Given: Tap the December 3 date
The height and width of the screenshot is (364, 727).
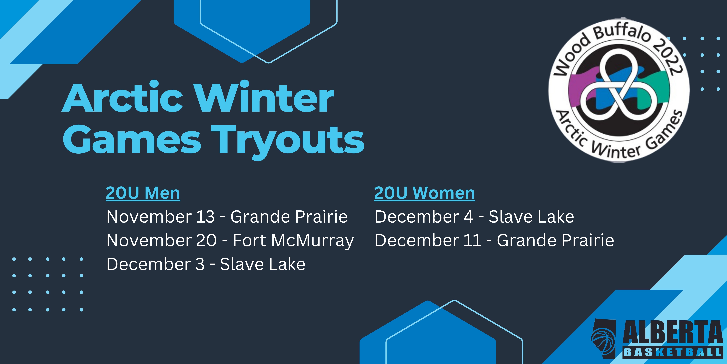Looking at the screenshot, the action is (155, 264).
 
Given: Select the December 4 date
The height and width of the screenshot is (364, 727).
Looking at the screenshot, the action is (424, 217).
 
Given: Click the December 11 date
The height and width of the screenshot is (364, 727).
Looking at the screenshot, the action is (428, 240).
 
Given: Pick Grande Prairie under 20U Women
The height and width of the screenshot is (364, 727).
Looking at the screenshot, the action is (555, 240).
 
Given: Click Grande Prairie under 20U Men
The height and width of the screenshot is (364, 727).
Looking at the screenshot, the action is (289, 217).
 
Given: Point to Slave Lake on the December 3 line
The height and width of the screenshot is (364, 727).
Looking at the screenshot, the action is (263, 264).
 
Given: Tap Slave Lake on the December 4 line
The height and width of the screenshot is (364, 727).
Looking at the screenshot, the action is (531, 217).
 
